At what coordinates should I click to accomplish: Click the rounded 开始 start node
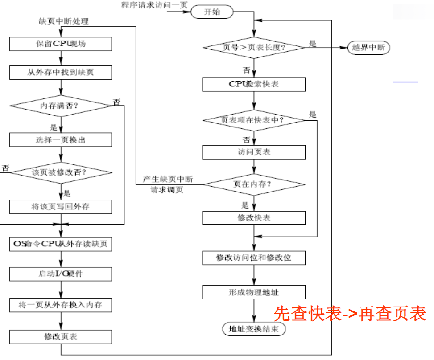(x=212, y=12)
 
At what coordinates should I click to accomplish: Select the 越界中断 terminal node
(x=368, y=48)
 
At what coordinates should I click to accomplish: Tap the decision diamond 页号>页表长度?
(x=254, y=48)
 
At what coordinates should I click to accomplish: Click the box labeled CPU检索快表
(x=254, y=84)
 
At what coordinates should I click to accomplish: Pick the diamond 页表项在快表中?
(x=254, y=120)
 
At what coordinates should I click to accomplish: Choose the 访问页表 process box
(x=254, y=152)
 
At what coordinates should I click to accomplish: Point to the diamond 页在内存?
(x=254, y=184)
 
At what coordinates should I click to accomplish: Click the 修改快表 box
(x=254, y=218)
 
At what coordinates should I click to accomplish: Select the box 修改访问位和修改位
(x=254, y=258)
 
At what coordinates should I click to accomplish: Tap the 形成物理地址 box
(x=254, y=292)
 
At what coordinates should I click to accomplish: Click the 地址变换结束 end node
(x=254, y=329)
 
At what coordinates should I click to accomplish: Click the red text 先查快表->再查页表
(x=350, y=314)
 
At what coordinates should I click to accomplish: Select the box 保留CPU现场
(x=61, y=44)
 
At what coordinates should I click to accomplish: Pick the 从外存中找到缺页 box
(x=61, y=72)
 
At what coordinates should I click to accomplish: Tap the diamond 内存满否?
(x=61, y=106)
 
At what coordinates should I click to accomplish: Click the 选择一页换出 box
(x=61, y=140)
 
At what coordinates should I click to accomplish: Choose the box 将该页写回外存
(x=61, y=206)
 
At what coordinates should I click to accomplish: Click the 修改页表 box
(x=61, y=336)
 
